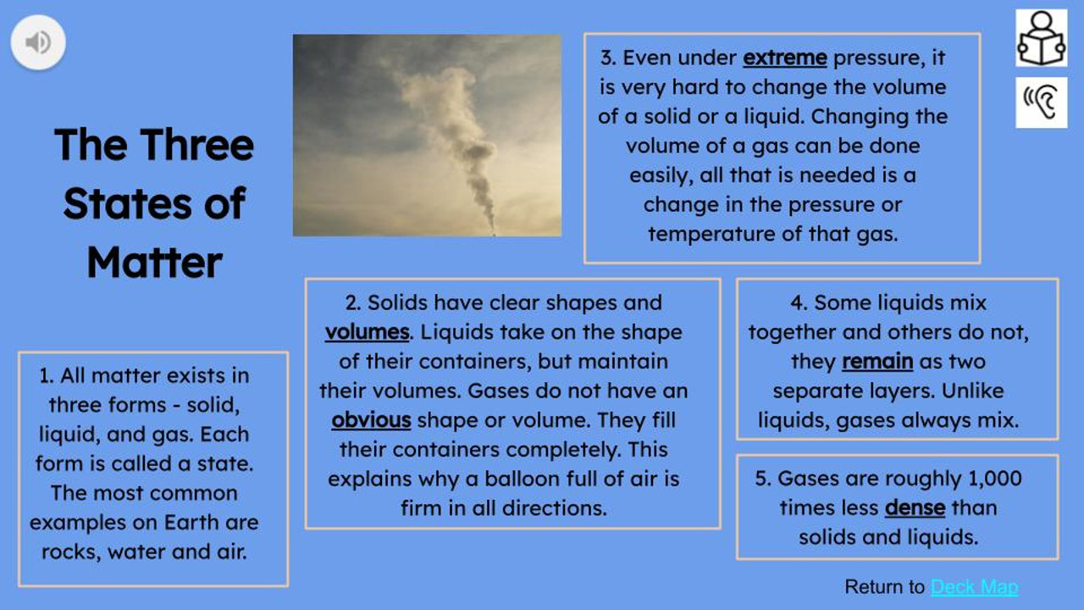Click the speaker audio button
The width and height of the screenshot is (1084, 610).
click(38, 42)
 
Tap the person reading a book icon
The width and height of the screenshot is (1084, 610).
click(1041, 38)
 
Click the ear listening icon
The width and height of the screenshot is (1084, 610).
click(1041, 103)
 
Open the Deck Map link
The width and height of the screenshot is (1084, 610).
click(974, 587)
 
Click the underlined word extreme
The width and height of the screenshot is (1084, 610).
click(784, 58)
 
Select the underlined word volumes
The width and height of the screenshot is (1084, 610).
click(367, 332)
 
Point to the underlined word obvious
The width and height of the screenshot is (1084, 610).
click(371, 420)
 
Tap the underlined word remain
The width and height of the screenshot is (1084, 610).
click(877, 362)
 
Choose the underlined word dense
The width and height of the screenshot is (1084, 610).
click(915, 508)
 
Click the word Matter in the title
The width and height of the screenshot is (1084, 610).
click(154, 262)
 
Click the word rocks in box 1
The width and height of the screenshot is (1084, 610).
click(68, 552)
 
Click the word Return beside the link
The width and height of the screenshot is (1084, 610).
click(873, 587)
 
